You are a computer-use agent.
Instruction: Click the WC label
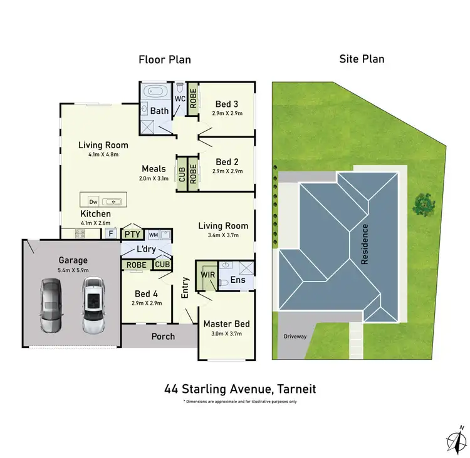[x=179, y=99]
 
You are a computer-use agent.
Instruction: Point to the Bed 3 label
[x=226, y=104]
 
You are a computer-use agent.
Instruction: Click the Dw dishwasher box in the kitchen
[x=93, y=201]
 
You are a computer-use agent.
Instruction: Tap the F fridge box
[x=110, y=233]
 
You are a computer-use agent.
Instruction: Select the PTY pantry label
[x=132, y=235]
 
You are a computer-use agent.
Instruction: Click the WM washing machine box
[x=154, y=235]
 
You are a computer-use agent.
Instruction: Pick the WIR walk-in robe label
[x=208, y=274]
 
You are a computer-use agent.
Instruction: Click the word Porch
[x=164, y=337]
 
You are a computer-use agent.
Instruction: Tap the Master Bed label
[x=226, y=324]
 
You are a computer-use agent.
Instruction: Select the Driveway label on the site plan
[x=294, y=337]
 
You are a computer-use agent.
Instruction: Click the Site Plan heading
[x=362, y=59]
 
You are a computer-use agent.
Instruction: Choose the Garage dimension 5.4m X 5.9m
[x=73, y=270]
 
